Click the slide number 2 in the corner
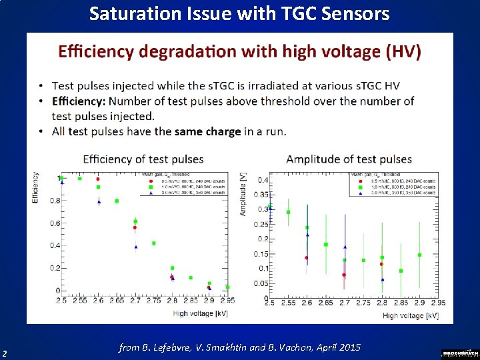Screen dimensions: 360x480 click(x=5, y=353)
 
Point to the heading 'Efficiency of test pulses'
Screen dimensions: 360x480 click(x=143, y=159)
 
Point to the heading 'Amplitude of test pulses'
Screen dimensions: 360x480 click(x=349, y=159)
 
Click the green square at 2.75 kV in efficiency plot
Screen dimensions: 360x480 click(x=153, y=243)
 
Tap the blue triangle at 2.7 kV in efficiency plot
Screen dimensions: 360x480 click(x=135, y=247)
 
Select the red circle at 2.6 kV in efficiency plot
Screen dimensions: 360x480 click(x=98, y=179)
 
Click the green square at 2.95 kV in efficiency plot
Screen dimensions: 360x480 click(x=227, y=287)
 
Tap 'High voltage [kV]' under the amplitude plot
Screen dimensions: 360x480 click(x=411, y=315)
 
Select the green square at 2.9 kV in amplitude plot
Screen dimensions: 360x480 click(x=419, y=255)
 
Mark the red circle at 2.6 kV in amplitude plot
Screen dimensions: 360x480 click(x=307, y=258)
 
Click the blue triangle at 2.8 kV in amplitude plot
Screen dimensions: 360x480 click(x=383, y=280)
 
